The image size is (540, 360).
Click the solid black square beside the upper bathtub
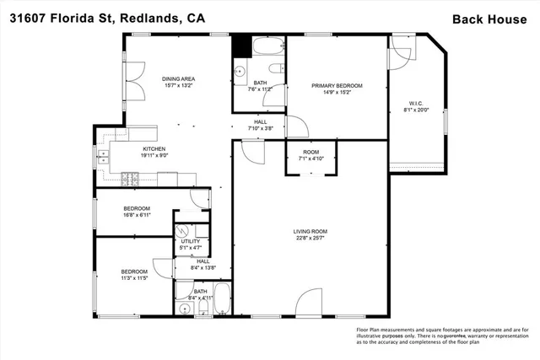pyautogui.click(x=240, y=44)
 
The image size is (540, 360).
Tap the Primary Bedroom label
pyautogui.click(x=337, y=89)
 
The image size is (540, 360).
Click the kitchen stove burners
pyautogui.click(x=130, y=177)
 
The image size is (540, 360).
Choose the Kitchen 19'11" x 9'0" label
pyautogui.click(x=154, y=153)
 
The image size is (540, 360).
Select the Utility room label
pyautogui.click(x=190, y=244)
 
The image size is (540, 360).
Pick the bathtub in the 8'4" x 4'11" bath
pyautogui.click(x=222, y=298)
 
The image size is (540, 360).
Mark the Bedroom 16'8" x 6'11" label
pyautogui.click(x=137, y=212)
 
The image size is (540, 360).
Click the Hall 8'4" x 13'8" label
pyautogui.click(x=202, y=265)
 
